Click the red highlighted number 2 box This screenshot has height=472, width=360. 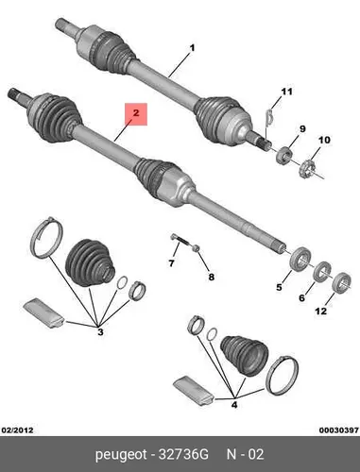click(136, 114)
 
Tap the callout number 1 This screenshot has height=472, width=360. click(192, 48)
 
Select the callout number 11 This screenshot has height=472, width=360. click(286, 92)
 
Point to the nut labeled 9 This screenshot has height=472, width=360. click(284, 156)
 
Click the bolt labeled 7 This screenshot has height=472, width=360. click(180, 240)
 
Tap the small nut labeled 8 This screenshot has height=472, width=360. click(196, 248)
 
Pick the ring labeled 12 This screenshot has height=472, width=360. click(342, 282)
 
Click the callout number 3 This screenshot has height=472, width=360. click(100, 331)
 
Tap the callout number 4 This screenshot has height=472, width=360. click(234, 405)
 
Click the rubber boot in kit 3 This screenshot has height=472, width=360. click(89, 263)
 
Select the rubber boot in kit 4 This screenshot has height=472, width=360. click(245, 356)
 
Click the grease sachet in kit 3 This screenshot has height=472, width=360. click(44, 313)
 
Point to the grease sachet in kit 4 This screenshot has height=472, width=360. click(194, 391)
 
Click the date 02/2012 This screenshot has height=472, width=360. click(17, 430)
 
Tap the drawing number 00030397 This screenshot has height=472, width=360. click(339, 430)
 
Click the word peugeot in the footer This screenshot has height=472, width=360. click(121, 455)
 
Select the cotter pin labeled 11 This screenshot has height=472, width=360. click(268, 118)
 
